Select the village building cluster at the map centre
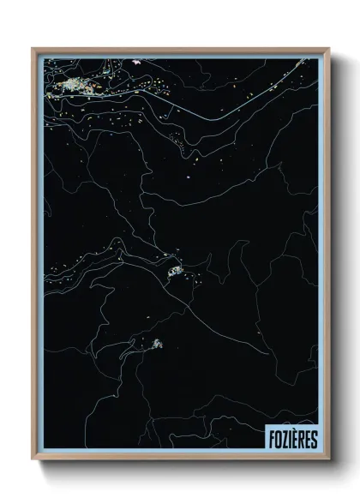pyautogui.click(x=176, y=272)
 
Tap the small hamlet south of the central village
pyautogui.click(x=157, y=344)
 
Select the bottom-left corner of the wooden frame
pyautogui.click(x=33, y=459)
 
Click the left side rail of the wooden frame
pyautogui.click(x=34, y=257)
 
